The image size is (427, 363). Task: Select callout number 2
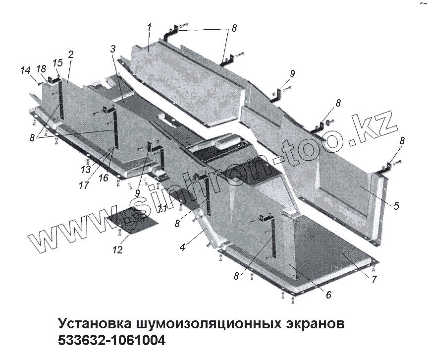pos(71,54)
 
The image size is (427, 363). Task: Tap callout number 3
pos(113,49)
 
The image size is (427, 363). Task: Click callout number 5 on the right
pos(396,205)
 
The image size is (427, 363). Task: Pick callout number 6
pos(328,294)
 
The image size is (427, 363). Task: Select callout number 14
pos(25,71)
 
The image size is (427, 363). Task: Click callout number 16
pos(103,178)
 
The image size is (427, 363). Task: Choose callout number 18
pos(41,68)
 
